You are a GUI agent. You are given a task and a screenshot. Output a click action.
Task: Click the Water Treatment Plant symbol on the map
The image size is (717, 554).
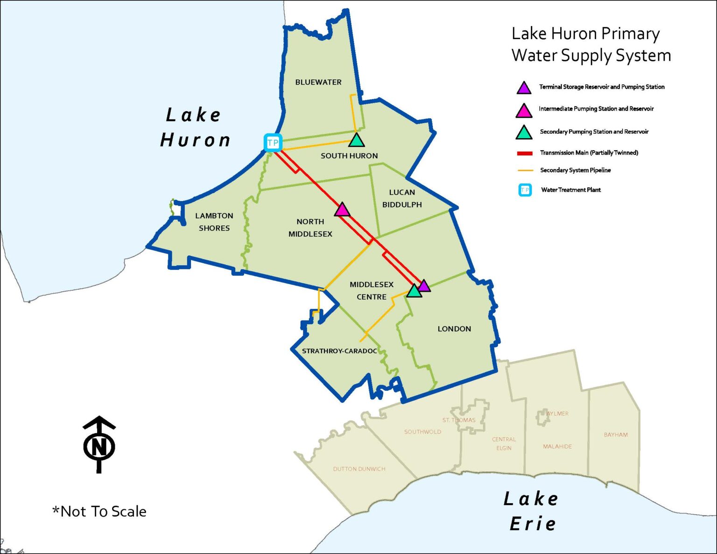[273, 142]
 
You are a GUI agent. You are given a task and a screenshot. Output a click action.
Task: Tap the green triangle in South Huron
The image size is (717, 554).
[356, 140]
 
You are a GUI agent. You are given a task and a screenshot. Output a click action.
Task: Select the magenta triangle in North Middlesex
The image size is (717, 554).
[342, 210]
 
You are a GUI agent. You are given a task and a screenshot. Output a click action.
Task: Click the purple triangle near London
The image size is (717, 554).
[423, 286]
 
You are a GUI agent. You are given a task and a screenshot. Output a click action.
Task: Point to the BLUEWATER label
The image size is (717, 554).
[318, 82]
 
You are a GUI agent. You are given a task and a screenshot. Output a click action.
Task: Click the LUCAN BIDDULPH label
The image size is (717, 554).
[402, 198]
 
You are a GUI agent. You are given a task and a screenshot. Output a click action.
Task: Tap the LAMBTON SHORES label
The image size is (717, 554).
[214, 222]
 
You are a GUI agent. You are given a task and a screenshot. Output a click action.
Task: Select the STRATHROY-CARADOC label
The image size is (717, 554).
[339, 351]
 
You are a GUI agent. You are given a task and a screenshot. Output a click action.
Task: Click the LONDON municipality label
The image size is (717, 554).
[454, 329]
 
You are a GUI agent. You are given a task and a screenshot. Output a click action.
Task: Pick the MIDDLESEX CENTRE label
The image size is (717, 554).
[372, 290]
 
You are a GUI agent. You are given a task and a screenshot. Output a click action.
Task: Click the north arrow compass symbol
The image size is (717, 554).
[99, 444]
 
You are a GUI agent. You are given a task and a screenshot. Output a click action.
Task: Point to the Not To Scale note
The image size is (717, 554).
[99, 512]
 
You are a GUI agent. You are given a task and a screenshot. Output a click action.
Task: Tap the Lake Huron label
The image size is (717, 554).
[195, 127]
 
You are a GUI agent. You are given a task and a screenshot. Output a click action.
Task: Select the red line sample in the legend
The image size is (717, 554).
[525, 153]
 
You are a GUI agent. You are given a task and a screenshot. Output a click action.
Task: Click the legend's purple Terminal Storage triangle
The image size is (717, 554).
[524, 88]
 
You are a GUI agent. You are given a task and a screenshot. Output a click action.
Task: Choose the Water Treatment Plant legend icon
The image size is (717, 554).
[525, 190]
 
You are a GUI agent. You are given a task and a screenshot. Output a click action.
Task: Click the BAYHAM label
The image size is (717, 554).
[616, 435]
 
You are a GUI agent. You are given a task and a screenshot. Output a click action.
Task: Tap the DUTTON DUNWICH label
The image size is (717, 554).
[359, 469]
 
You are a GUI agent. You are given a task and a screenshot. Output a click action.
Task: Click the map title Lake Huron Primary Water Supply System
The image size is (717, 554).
[591, 44]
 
